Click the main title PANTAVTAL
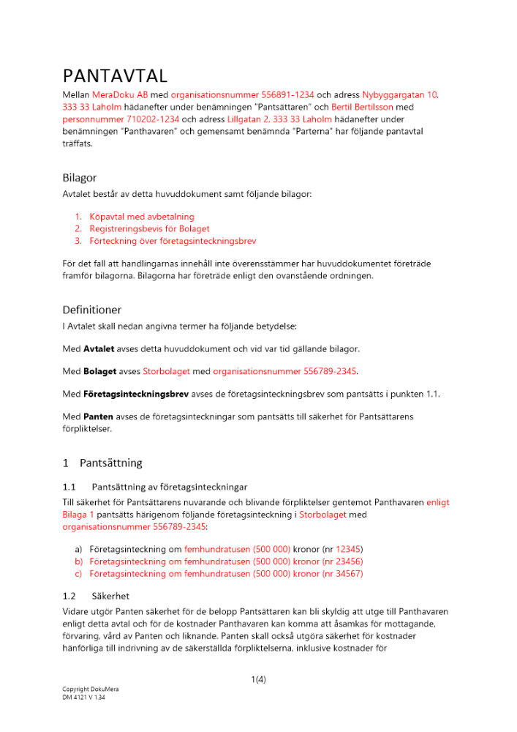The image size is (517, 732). [116, 76]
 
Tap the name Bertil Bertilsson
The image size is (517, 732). [363, 107]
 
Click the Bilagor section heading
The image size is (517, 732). [79, 178]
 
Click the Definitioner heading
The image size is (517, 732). [91, 310]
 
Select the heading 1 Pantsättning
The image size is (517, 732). [102, 463]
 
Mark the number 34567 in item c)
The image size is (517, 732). [348, 574]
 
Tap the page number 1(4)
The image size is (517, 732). [258, 679]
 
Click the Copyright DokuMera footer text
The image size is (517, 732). [90, 690]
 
